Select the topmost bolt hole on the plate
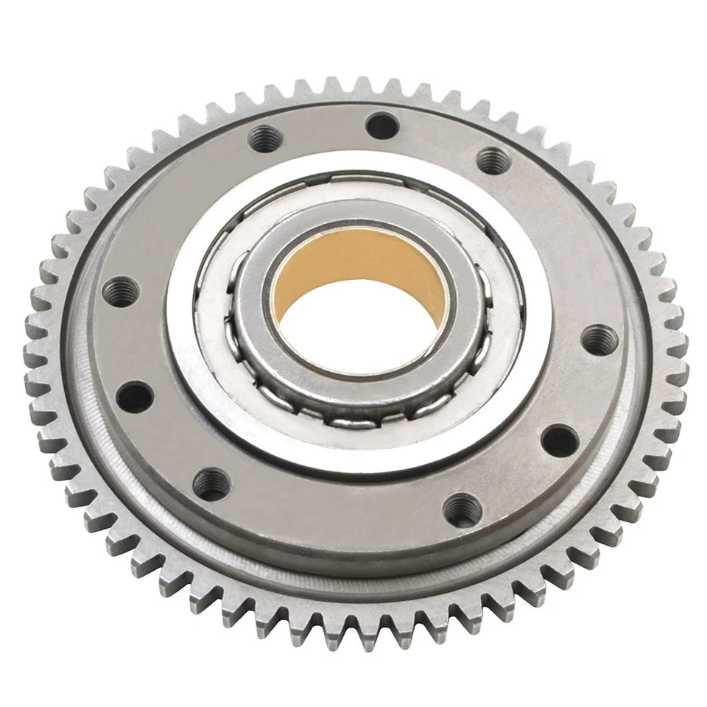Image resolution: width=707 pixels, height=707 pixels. point(382,126)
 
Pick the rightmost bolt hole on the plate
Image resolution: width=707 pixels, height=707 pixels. point(599,340)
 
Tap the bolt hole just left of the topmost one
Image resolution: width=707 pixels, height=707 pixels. point(265,137)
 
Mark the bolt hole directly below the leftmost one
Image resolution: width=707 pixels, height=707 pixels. point(134,396)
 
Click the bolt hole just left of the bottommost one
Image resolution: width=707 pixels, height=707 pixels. point(211,484)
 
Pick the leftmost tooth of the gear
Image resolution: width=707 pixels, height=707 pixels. point(32,346)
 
